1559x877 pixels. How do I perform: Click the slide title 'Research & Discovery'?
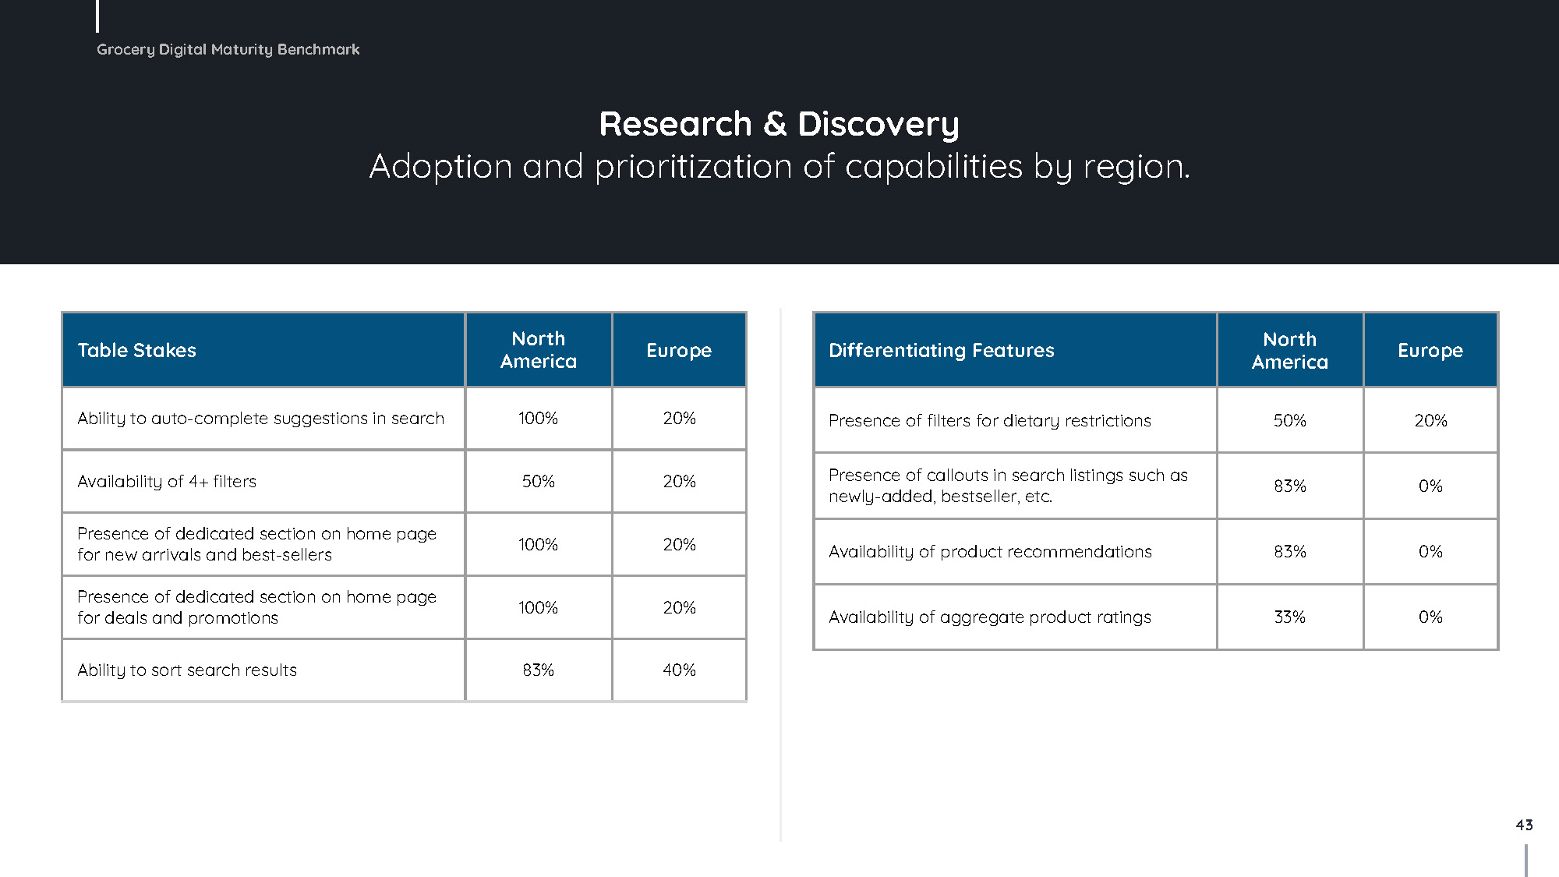(x=779, y=124)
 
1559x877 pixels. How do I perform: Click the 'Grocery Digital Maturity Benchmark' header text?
(x=228, y=49)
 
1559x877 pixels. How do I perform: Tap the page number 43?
(x=1524, y=825)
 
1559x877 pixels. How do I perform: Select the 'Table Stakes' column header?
(x=137, y=350)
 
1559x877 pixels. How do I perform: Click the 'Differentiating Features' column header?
(x=941, y=350)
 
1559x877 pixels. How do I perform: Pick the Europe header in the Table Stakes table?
(x=679, y=350)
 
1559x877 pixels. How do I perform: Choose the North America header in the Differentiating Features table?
(x=1290, y=351)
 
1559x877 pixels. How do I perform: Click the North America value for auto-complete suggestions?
(x=539, y=419)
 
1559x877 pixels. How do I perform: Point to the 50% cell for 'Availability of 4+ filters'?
(x=539, y=482)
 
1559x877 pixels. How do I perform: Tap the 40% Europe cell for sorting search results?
(x=679, y=670)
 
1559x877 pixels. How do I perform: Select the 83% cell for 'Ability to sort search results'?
(x=539, y=670)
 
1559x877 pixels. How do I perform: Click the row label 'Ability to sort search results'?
(x=187, y=670)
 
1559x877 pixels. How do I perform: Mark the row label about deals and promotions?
(x=256, y=607)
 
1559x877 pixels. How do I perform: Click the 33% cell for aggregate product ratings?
(x=1290, y=617)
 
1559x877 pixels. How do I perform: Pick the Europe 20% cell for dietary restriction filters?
(x=1430, y=421)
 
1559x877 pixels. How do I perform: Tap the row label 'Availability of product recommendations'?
(x=990, y=552)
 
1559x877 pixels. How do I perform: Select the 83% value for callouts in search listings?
(x=1290, y=486)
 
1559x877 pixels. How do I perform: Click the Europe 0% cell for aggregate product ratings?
(x=1430, y=617)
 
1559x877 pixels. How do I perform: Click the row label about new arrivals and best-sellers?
(x=256, y=544)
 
